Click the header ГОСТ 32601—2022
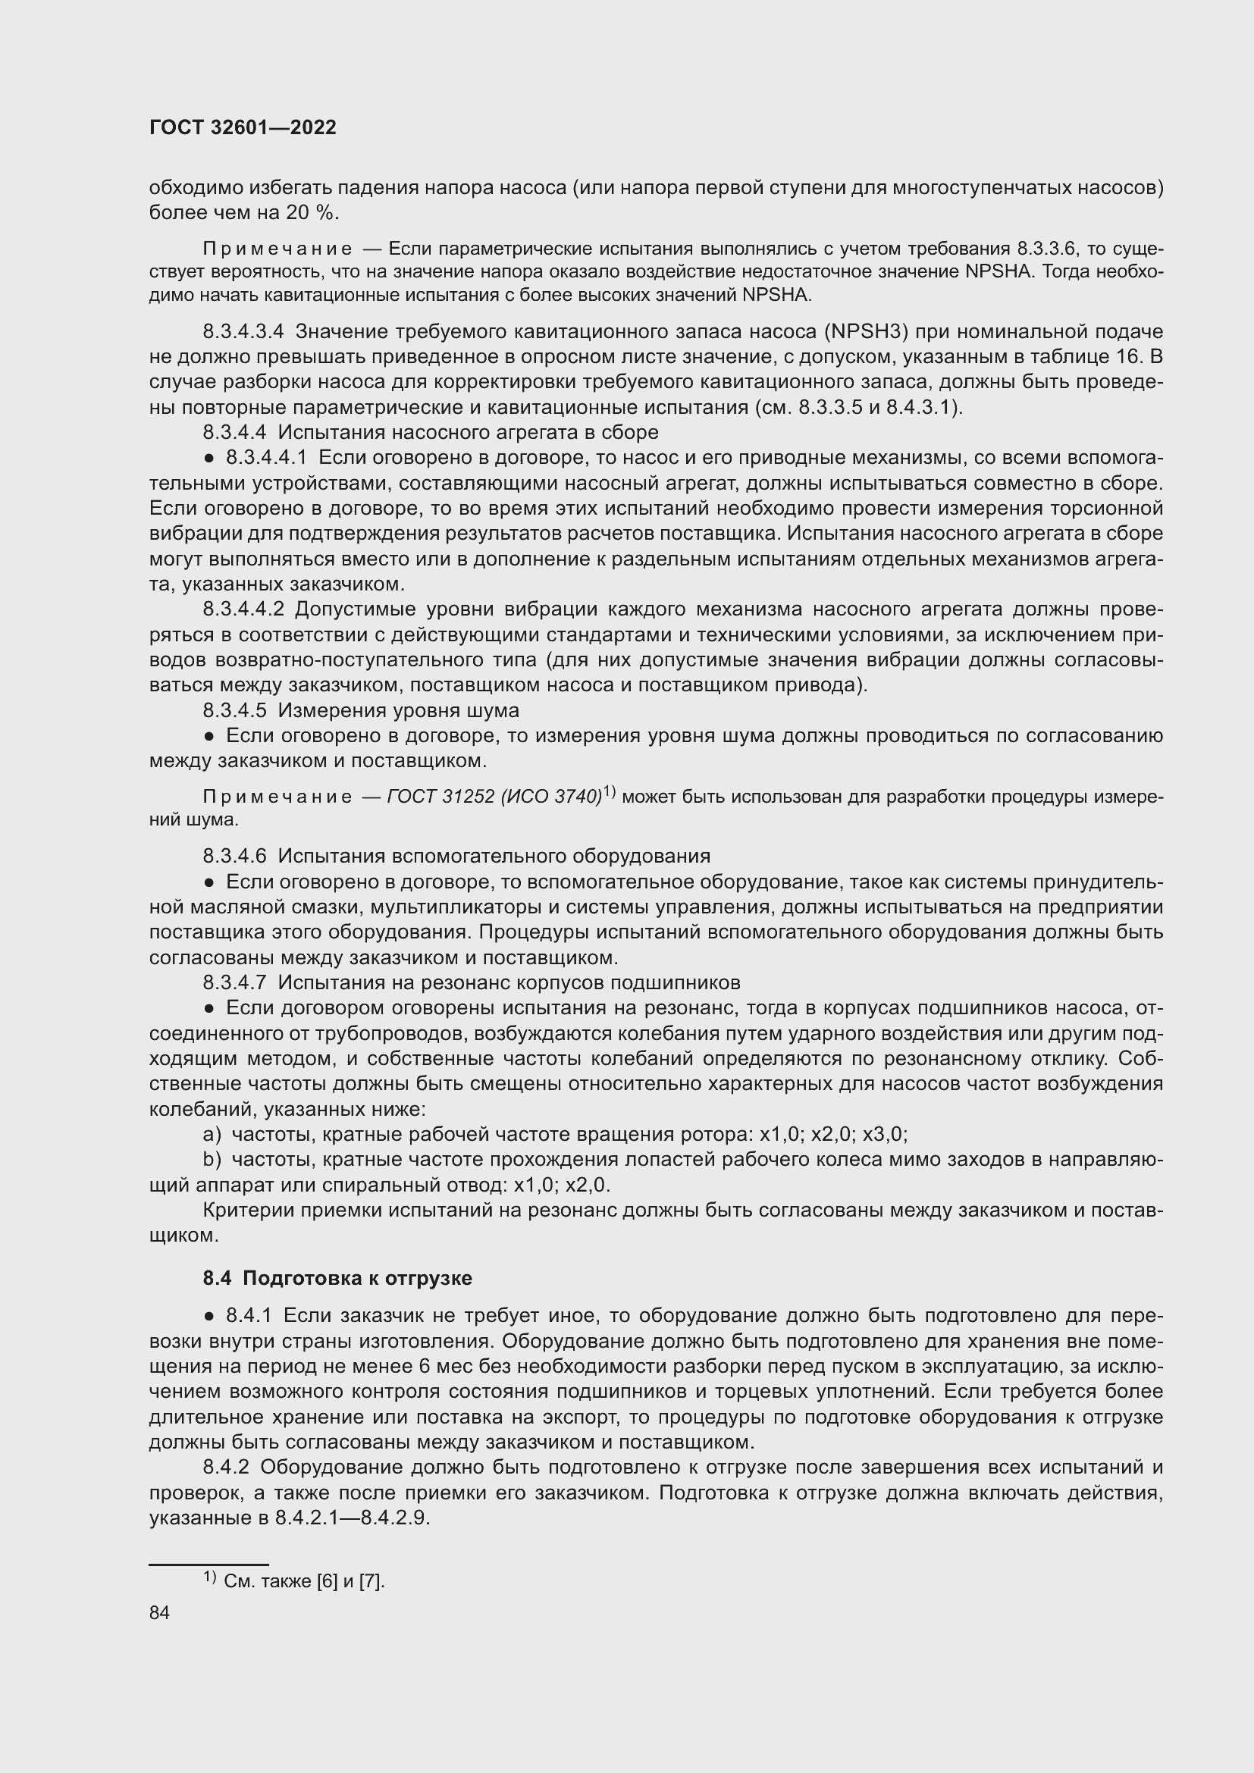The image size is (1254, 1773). [243, 127]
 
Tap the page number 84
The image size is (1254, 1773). [159, 1613]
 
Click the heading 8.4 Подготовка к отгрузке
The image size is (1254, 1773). [337, 1278]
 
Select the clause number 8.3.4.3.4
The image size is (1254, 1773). [243, 332]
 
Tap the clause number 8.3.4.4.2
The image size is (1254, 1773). [243, 609]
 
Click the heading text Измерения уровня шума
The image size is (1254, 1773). [399, 710]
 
